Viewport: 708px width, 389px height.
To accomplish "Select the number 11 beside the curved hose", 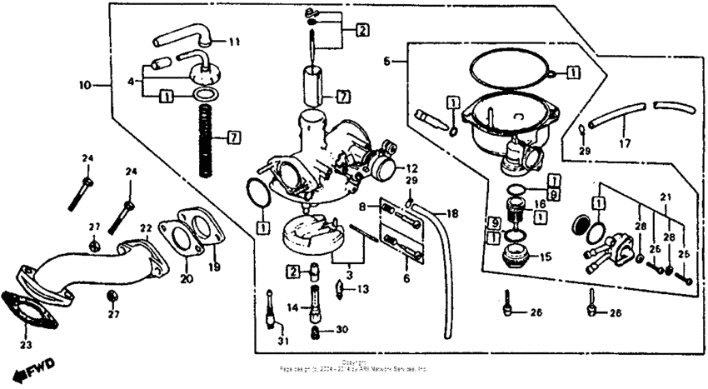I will click(233, 41).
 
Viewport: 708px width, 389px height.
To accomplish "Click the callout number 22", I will click(146, 227).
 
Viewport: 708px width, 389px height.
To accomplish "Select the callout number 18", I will click(452, 214).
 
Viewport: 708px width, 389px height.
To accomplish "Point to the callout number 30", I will click(342, 330).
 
